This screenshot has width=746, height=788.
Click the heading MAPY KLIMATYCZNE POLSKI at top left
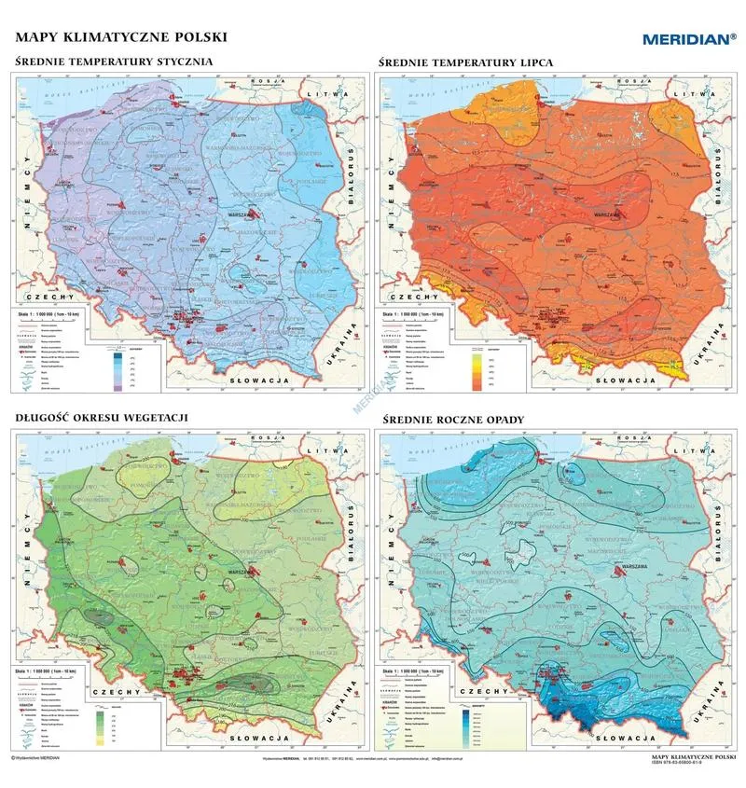click(120, 38)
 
